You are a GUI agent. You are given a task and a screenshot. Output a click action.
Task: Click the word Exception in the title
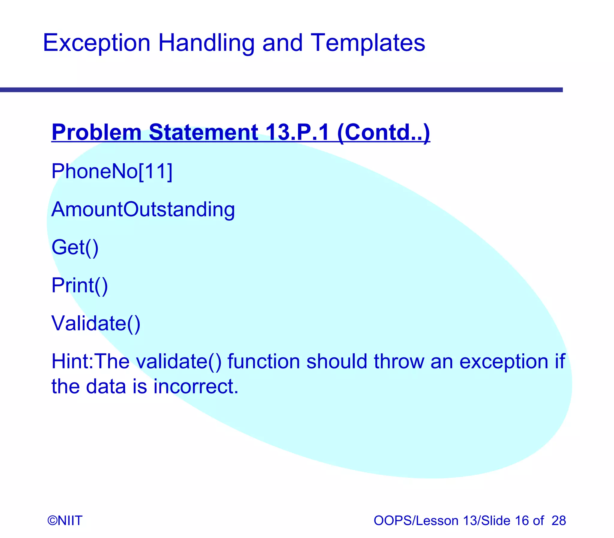point(96,43)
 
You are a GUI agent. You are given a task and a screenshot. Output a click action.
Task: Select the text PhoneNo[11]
point(112,171)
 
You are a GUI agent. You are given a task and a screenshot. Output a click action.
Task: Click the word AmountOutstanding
point(143,209)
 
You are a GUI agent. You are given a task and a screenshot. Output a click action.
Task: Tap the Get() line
point(75,247)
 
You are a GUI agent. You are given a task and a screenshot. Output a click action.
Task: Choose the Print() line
point(79,285)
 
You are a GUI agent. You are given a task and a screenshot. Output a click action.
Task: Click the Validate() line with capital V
point(96,323)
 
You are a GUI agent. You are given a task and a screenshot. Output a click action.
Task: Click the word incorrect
point(196,386)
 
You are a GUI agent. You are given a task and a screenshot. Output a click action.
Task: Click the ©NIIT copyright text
point(65,521)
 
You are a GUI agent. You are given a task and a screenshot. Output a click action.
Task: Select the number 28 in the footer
point(559,521)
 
